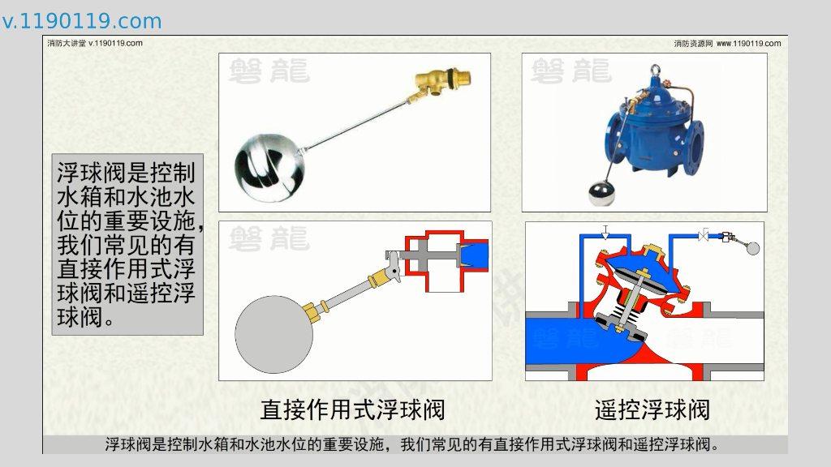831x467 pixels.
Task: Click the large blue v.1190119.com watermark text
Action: point(82,21)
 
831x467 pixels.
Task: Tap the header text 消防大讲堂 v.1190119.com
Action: point(95,44)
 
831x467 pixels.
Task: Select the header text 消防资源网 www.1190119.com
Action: point(727,44)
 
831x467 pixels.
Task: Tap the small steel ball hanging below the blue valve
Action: point(602,193)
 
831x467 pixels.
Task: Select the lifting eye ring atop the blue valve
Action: point(656,70)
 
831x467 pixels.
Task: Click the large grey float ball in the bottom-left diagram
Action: point(274,334)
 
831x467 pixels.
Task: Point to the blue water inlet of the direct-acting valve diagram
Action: point(474,255)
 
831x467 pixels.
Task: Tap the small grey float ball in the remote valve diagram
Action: point(752,248)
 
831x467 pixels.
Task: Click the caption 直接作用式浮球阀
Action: point(352,409)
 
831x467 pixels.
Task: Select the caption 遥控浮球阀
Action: point(652,409)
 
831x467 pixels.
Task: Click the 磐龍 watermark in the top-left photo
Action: point(269,71)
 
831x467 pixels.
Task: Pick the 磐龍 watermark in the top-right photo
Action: point(571,71)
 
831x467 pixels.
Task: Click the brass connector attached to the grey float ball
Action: point(315,311)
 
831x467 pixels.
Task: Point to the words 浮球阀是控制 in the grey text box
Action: point(126,173)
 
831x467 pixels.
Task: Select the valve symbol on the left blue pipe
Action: point(605,232)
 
